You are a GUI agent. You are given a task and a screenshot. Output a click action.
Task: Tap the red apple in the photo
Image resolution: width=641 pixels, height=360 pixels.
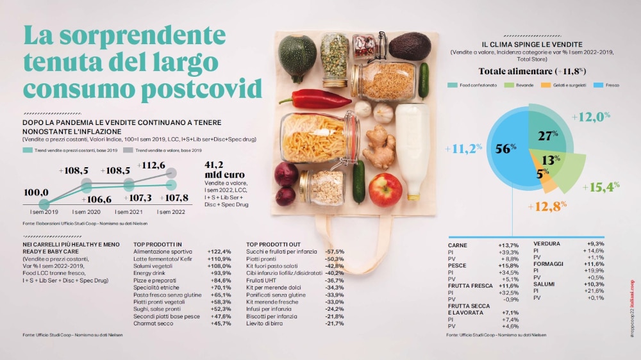tap(385, 190)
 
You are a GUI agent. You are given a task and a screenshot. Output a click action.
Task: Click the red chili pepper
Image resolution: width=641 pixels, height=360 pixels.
tap(314, 99)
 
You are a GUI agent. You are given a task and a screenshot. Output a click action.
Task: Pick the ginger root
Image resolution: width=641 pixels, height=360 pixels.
tap(379, 147)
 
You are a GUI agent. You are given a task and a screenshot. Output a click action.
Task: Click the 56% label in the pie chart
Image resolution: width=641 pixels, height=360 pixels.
tap(506, 149)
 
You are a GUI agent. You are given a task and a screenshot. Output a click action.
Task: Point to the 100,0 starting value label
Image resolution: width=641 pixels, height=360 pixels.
tap(36, 192)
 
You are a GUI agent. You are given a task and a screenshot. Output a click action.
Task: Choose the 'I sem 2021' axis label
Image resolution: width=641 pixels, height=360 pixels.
tap(129, 211)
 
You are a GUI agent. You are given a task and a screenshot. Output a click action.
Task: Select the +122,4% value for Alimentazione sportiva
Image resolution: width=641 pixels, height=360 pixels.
tap(219, 252)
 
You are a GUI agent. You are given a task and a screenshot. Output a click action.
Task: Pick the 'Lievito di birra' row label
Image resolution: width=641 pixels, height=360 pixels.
tap(265, 323)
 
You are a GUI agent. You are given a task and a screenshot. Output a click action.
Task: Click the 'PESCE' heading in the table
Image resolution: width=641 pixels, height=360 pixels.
tap(458, 265)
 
